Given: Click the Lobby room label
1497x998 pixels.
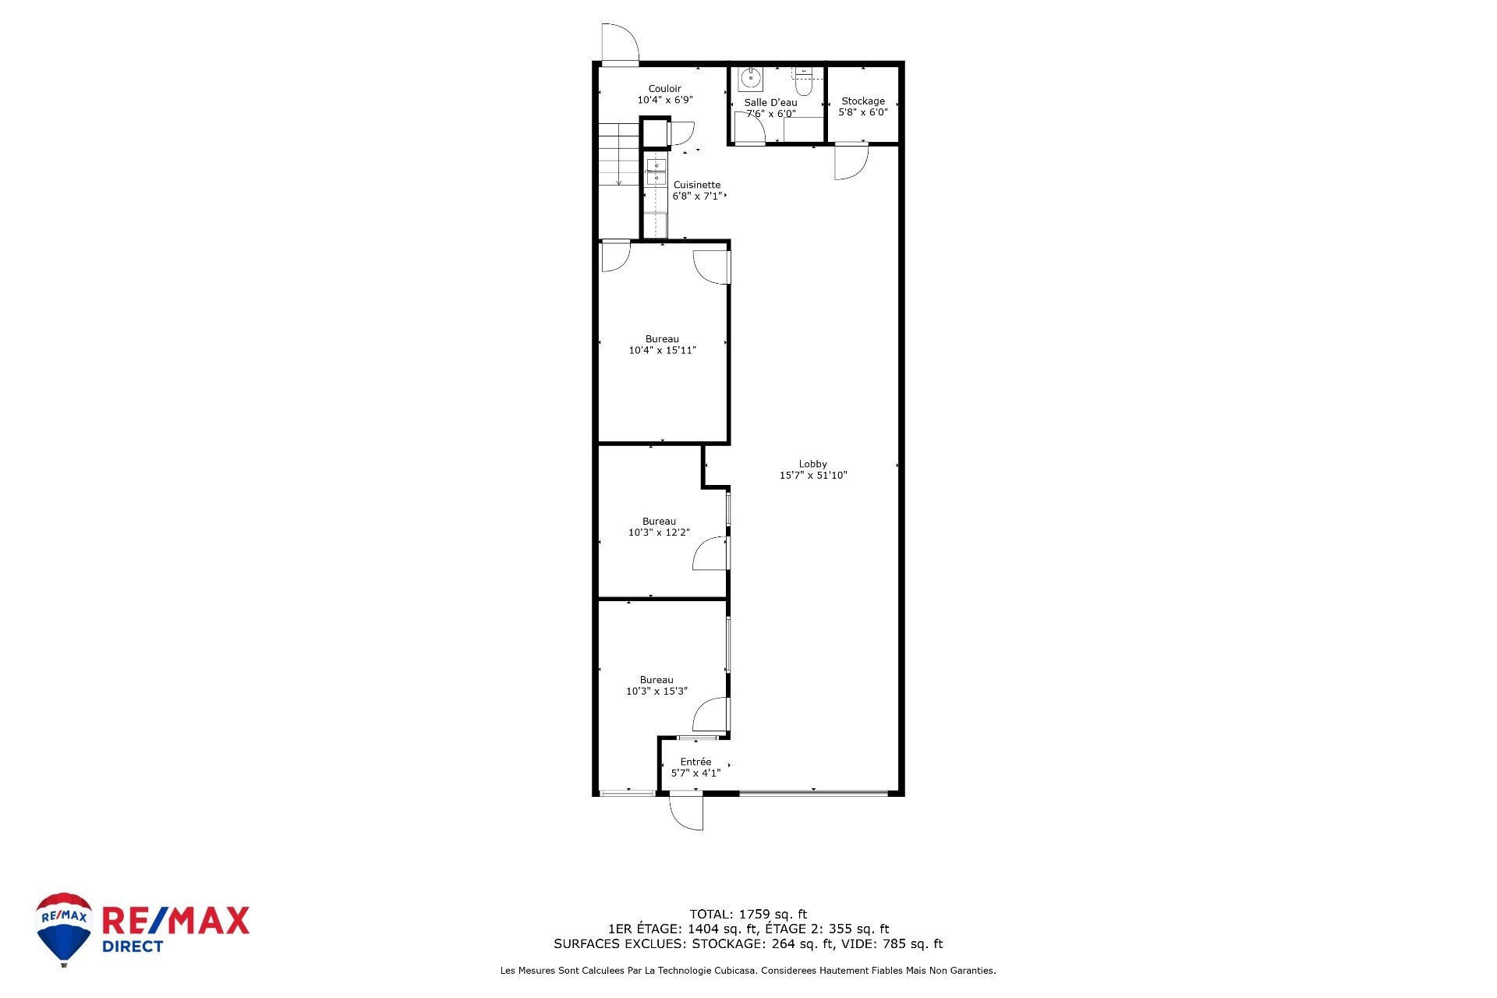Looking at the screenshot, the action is [812, 464].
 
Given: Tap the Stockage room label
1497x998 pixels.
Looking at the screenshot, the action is [863, 101].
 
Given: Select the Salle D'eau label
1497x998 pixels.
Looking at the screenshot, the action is [770, 103].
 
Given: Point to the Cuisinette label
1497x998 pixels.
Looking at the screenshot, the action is [697, 186].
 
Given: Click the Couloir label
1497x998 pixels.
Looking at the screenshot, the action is [665, 89].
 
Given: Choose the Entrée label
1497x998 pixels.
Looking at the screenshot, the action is [695, 762].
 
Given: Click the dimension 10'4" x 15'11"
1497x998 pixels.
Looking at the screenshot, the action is [663, 351].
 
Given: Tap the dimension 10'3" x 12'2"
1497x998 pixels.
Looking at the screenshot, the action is [660, 533].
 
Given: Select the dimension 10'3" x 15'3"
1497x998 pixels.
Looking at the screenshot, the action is [657, 692].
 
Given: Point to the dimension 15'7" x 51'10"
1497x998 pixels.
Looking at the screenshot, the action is [813, 476].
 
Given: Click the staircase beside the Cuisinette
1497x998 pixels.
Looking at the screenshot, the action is [619, 154].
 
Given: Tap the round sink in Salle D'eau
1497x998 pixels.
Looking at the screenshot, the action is [751, 79].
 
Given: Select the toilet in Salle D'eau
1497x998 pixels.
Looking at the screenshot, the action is [804, 80].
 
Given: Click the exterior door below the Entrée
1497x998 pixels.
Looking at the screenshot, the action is [687, 811].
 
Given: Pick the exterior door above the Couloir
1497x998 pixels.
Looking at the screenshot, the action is [621, 43].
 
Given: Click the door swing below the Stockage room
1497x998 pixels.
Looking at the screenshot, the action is [851, 161].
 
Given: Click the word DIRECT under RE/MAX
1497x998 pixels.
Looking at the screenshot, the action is [133, 947].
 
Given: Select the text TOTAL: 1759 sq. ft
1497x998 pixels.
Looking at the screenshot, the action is [748, 915].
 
